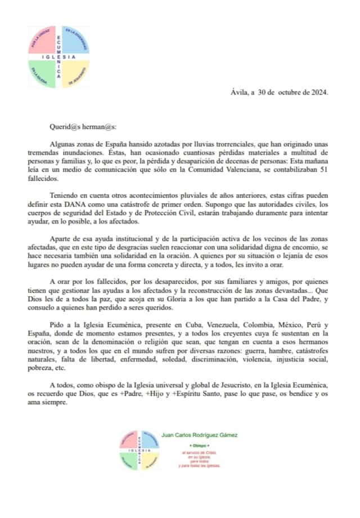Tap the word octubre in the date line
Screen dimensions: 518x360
point(287,92)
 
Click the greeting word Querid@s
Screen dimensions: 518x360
point(63,128)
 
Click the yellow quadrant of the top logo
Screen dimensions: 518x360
point(75,73)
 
